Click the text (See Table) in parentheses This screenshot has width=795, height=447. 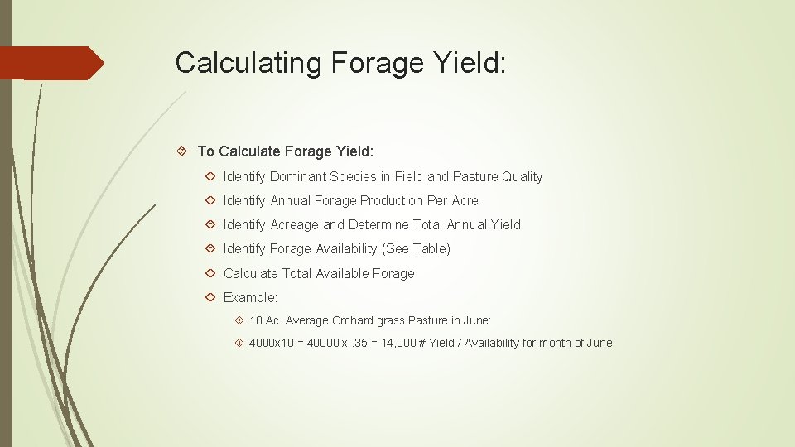[x=416, y=248]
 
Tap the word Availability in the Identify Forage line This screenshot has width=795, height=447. [x=344, y=248]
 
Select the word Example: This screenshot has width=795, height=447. [x=251, y=297]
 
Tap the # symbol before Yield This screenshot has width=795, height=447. [x=422, y=343]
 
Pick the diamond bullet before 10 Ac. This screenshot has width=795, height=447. [x=238, y=320]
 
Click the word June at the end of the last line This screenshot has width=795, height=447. [x=599, y=343]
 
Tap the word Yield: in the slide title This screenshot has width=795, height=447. [x=468, y=63]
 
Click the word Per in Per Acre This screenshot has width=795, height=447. [x=437, y=200]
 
